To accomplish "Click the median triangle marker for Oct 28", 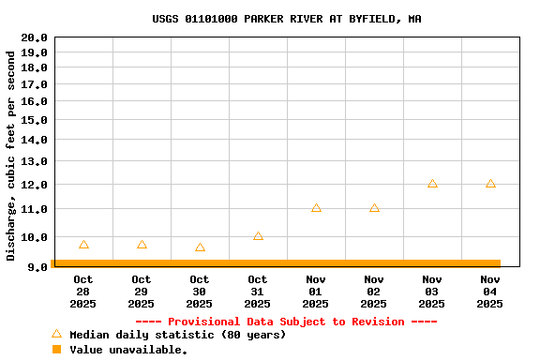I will [83, 245].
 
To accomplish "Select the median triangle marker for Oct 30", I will [200, 247].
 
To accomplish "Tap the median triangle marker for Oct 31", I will [258, 236].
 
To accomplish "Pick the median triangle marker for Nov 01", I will [316, 208].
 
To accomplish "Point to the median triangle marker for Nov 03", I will [432, 184].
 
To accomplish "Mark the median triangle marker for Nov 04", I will [490, 184].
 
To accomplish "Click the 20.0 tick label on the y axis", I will [34, 37].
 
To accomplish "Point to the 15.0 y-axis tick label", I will [34, 120].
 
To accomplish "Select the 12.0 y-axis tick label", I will [34, 185].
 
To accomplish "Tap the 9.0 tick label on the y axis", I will [37, 267].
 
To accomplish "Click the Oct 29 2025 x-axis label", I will [142, 292].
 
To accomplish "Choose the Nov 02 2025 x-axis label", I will [374, 292].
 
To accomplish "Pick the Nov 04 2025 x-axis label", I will [490, 292].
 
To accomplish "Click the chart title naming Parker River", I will [287, 19].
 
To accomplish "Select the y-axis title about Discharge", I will [11, 156].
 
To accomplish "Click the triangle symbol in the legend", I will [56, 334].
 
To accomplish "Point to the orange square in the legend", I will [56, 350].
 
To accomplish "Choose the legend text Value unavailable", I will [128, 350].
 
